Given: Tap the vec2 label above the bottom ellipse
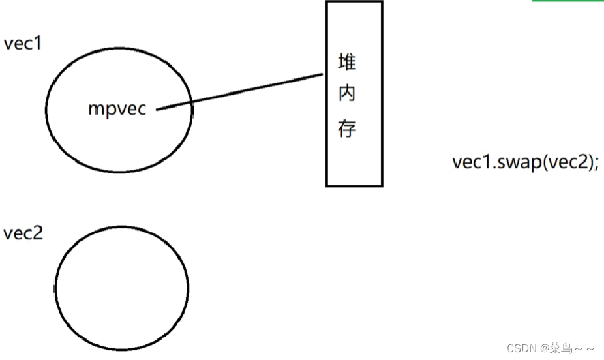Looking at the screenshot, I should point(23,233).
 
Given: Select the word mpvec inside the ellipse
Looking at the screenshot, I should point(117,109).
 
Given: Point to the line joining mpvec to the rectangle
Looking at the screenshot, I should point(241,92).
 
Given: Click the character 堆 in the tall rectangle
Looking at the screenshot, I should point(347,63).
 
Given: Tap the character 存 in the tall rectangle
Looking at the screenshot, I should point(347,128).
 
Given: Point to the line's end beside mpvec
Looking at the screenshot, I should point(158,109).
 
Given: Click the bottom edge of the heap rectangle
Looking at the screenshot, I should point(354,186).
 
